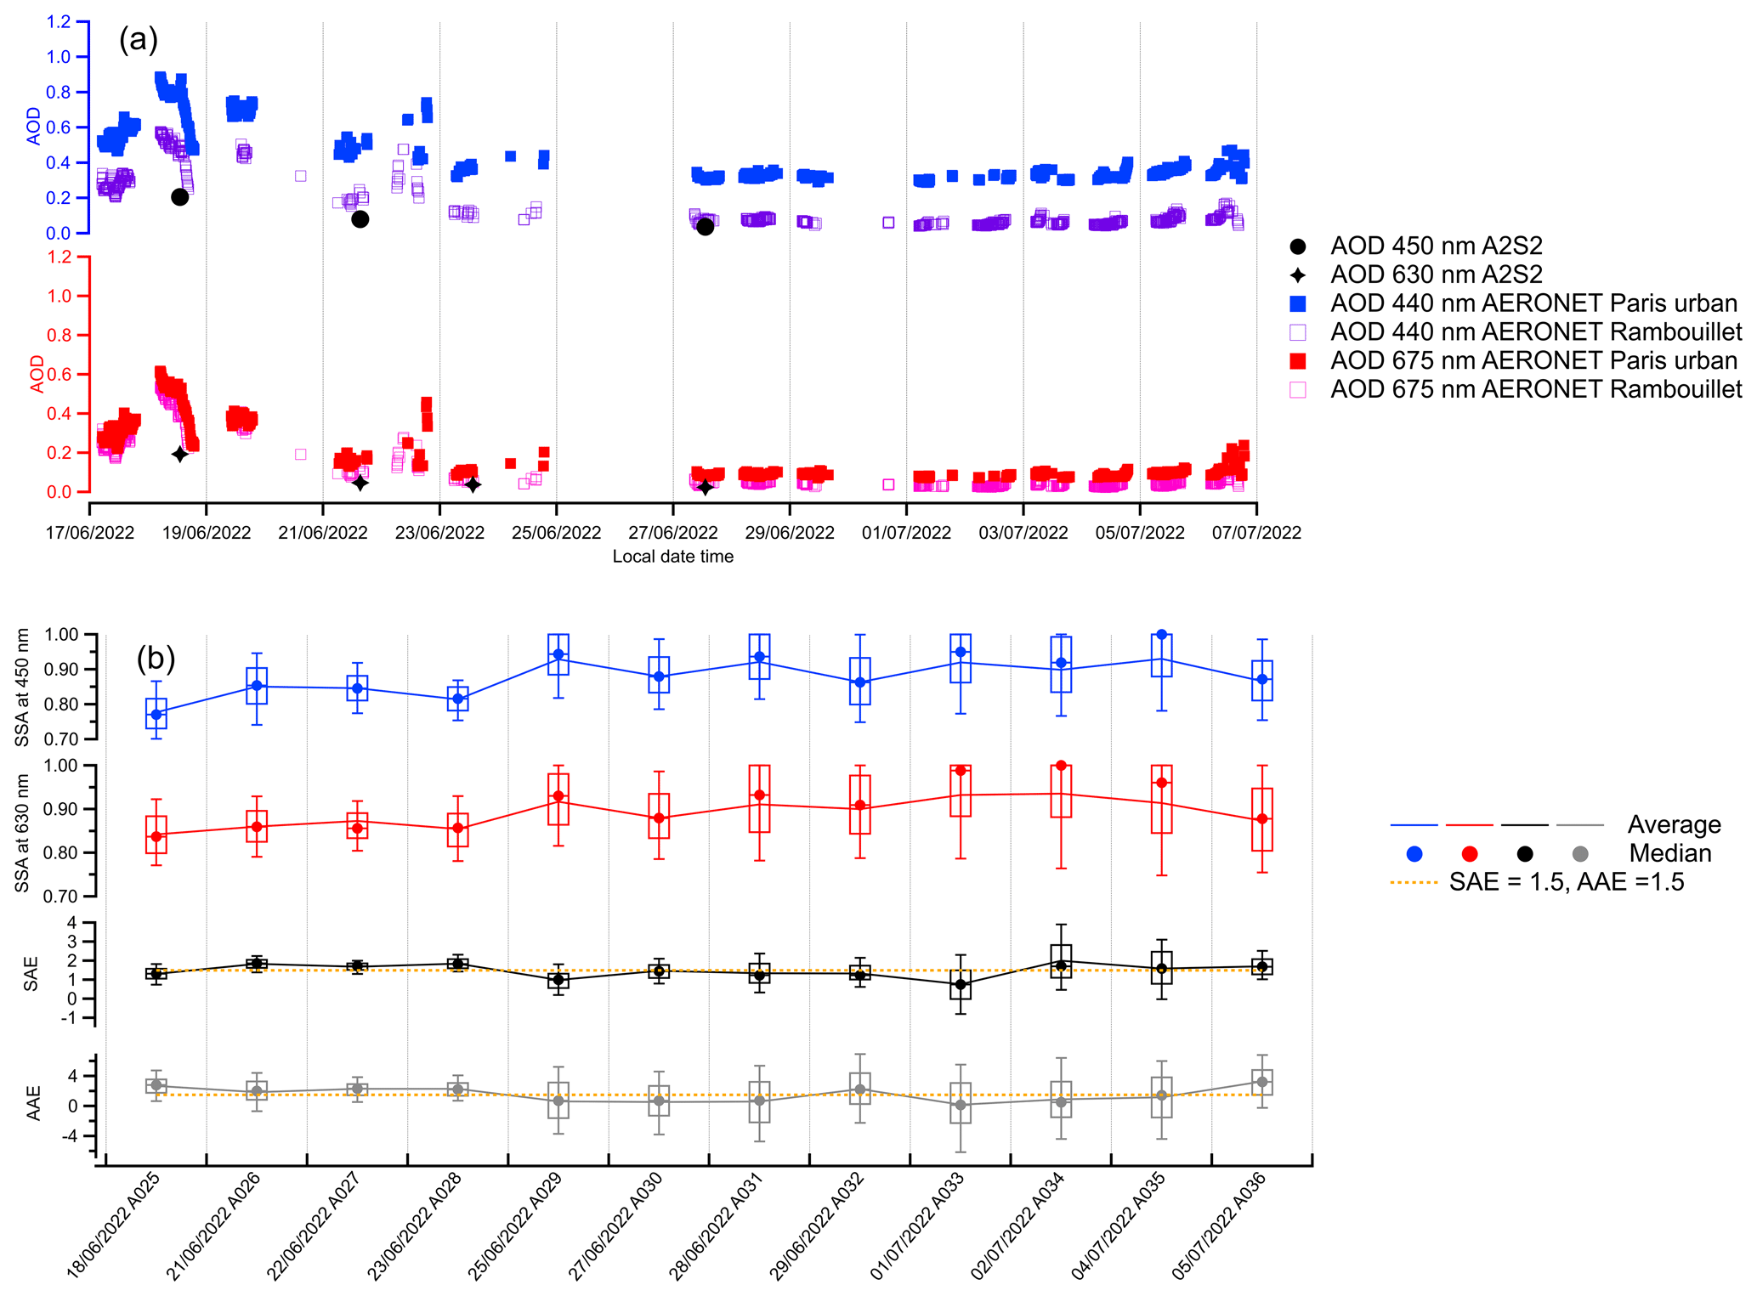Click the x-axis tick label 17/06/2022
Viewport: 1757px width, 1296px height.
click(90, 533)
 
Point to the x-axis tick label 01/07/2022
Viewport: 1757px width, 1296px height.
click(906, 533)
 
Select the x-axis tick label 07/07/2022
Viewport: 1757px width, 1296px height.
click(1256, 533)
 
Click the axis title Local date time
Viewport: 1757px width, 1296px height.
click(672, 557)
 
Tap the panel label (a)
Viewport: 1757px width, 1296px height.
click(138, 39)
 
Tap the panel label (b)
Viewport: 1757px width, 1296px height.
click(156, 658)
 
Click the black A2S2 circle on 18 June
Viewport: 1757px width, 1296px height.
click(179, 197)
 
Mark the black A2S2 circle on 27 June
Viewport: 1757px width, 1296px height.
click(705, 227)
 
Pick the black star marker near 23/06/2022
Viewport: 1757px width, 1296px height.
click(473, 484)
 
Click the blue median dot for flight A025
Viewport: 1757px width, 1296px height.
click(156, 715)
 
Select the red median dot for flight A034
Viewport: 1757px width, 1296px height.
click(1061, 766)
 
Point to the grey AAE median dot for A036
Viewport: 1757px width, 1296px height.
click(1262, 1082)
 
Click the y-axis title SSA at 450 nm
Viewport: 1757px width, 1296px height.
click(23, 687)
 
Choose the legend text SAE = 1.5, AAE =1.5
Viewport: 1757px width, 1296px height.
click(1566, 882)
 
